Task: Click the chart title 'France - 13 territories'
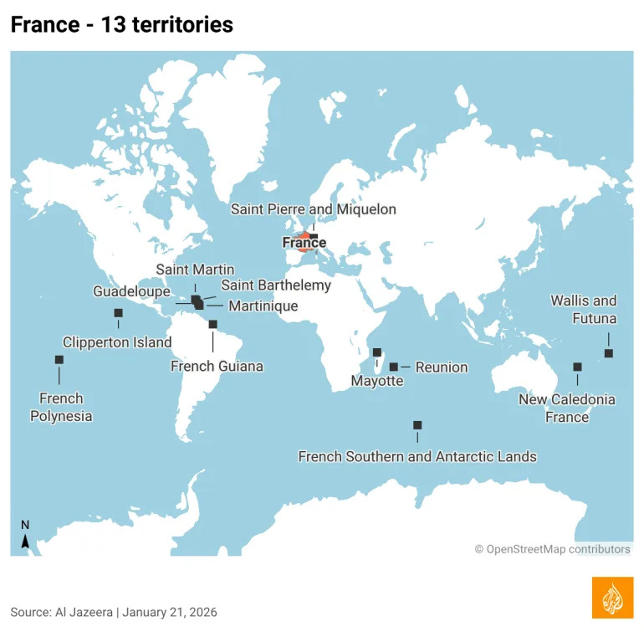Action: coord(122,25)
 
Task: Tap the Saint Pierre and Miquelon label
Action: coord(314,209)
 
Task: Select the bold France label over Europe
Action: coord(304,244)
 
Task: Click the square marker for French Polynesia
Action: coord(59,360)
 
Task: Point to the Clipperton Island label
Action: coord(117,342)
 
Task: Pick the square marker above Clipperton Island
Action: coord(118,313)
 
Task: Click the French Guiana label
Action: coord(217,366)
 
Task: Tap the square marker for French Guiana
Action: coord(213,324)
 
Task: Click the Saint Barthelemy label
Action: coord(276,285)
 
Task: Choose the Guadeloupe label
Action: coord(132,292)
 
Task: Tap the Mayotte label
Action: coord(376,382)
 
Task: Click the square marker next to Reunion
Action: coord(394,367)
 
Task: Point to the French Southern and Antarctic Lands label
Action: coord(417,457)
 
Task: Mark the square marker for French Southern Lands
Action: coord(417,425)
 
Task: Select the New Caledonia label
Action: coord(567,399)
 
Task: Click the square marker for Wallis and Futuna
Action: coord(608,353)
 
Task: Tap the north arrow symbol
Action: coord(25,536)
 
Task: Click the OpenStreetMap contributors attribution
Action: coord(552,550)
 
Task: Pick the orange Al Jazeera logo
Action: coord(612,598)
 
